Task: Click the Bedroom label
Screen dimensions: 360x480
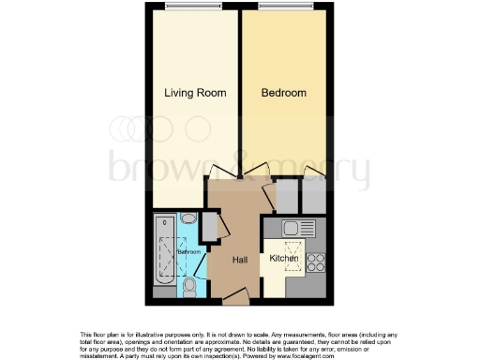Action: (283, 93)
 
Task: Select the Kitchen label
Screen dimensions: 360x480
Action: (284, 258)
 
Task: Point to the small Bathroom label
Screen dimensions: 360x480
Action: (190, 252)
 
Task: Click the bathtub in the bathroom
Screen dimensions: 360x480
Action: (165, 253)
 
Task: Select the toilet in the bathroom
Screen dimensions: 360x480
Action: (189, 283)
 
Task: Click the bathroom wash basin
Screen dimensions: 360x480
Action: (188, 219)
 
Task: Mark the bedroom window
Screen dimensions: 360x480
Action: (284, 7)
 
